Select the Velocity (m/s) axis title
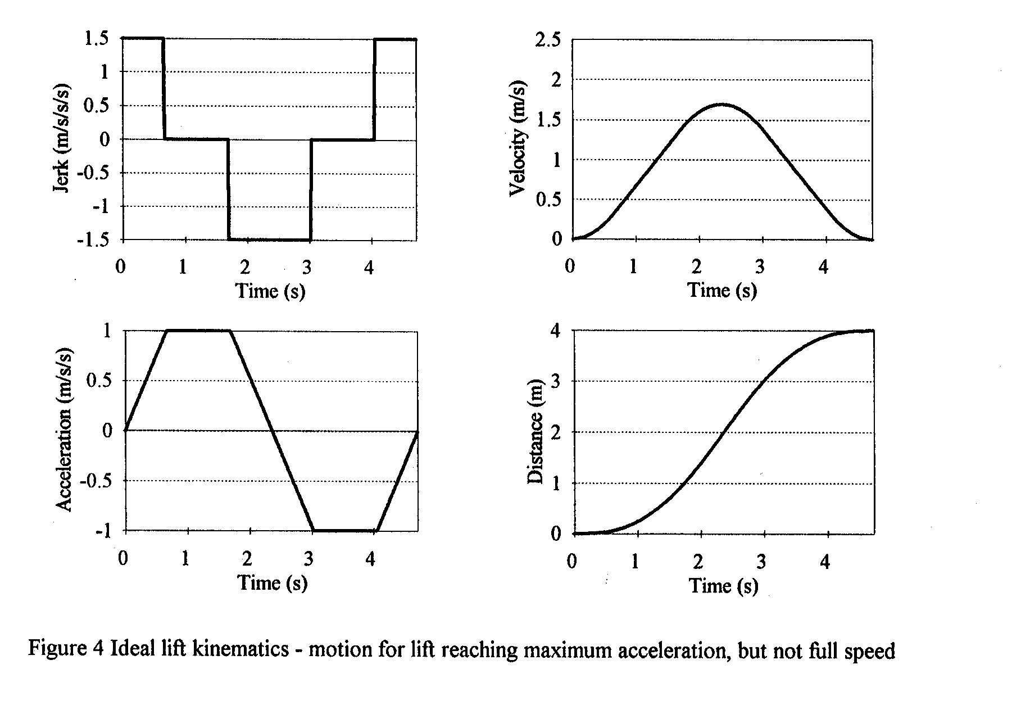click(518, 141)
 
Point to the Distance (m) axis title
click(537, 432)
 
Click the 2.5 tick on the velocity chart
click(548, 41)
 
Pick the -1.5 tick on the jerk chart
click(99, 239)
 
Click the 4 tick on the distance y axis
click(555, 331)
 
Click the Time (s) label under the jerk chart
click(270, 291)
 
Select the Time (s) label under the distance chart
click(724, 586)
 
